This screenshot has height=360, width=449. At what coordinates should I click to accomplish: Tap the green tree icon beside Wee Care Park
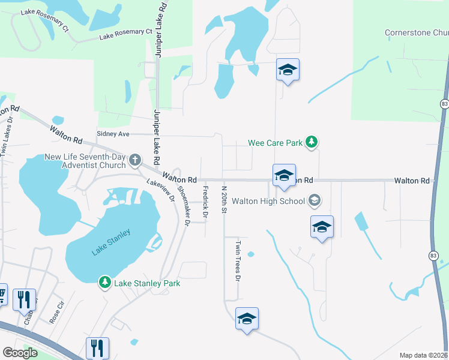(x=312, y=142)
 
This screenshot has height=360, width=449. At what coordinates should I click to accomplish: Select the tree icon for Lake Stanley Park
(x=105, y=282)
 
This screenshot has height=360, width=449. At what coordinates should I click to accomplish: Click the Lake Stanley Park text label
(x=139, y=283)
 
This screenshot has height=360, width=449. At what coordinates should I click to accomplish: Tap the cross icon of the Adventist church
(x=135, y=160)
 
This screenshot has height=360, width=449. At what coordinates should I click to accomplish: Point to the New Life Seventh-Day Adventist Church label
(x=85, y=161)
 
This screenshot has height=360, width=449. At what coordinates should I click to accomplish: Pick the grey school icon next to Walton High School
(x=315, y=200)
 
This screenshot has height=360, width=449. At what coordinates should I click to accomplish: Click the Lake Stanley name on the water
(x=111, y=243)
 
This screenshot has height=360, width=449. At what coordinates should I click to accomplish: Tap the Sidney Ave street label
(x=113, y=134)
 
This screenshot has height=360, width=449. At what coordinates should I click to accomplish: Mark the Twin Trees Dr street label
(x=238, y=261)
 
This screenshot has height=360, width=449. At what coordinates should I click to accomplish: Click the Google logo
(x=20, y=353)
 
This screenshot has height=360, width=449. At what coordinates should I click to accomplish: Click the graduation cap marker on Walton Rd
(x=284, y=175)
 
